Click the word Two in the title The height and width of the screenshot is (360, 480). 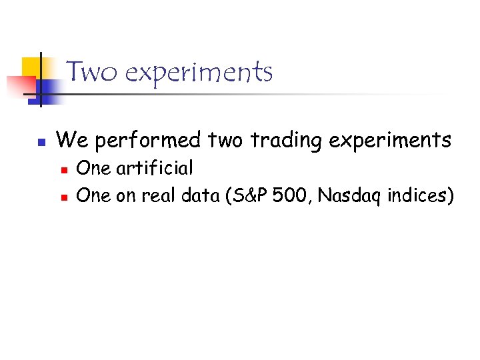point(92,71)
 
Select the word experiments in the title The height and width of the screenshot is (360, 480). point(198,72)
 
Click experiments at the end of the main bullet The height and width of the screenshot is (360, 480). point(391,141)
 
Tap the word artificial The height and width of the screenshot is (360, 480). point(155,168)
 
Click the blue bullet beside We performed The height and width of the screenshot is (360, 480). point(41,142)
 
